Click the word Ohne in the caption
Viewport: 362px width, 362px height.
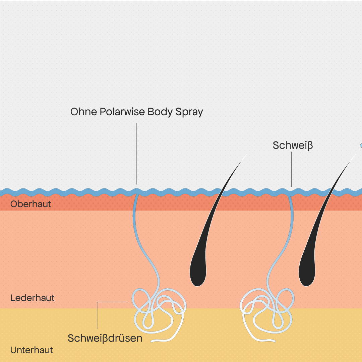(83, 112)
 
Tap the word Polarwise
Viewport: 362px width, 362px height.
(122, 112)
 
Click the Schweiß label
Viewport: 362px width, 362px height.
(293, 145)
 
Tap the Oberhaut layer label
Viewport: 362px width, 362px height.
(31, 204)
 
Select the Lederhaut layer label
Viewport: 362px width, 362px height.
(32, 298)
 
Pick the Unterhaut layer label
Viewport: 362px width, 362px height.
(32, 350)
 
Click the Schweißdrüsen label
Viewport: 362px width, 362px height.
(105, 338)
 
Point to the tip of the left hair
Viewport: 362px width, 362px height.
(247, 154)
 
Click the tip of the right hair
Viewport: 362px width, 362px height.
(356, 154)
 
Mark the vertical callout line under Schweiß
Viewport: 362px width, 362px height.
(291, 169)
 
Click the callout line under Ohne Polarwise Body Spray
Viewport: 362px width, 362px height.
(137, 154)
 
